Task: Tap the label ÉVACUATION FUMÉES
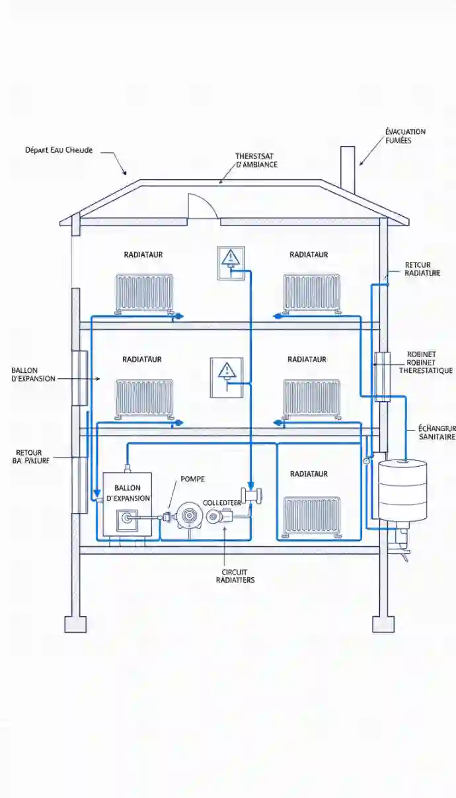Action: tap(405, 136)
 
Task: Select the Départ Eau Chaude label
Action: tap(59, 150)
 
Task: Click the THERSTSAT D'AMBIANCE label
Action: tap(256, 161)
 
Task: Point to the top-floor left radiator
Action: tap(144, 292)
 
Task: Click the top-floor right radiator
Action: tap(312, 292)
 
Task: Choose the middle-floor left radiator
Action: tap(144, 398)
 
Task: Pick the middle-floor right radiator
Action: tap(312, 398)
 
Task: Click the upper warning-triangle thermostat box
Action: tap(231, 262)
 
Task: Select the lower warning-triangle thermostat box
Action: tap(227, 378)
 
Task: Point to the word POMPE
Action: tap(193, 479)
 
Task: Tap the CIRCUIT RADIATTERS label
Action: tap(235, 576)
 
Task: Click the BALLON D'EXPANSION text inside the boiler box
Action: tap(128, 493)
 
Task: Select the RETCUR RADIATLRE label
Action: tap(422, 269)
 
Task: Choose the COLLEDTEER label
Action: tap(223, 503)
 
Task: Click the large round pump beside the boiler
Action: tap(190, 515)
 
